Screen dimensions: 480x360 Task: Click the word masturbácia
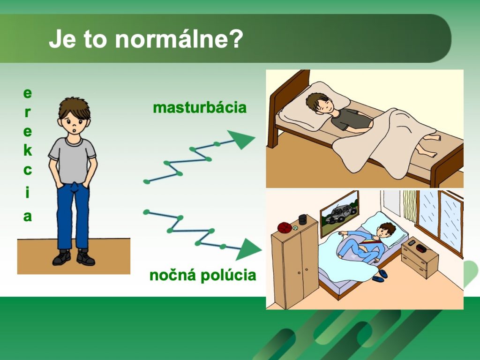tap(200, 108)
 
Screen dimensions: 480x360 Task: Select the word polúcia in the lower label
tap(228, 276)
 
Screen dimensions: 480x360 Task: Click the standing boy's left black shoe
tap(61, 257)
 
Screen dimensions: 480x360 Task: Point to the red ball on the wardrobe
tap(285, 227)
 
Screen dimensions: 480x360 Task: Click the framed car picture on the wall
tap(339, 213)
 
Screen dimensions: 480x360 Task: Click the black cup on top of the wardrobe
tap(302, 219)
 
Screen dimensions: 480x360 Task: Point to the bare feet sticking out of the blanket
tap(428, 145)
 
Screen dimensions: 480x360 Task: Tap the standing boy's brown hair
tap(74, 107)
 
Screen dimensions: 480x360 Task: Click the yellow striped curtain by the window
tap(410, 206)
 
